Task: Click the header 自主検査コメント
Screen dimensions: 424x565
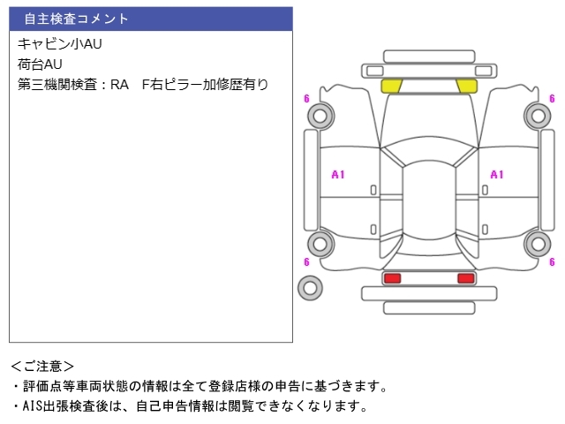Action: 77,19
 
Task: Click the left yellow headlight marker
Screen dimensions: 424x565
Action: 392,86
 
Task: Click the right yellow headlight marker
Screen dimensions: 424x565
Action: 466,86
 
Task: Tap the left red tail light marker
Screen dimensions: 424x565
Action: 392,278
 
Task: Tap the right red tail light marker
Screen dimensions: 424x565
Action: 465,278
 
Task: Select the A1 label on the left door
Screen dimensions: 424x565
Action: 338,175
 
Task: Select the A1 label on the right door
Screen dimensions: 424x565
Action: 497,175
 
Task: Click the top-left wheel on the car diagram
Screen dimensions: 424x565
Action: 322,114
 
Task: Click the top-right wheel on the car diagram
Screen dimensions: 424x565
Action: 537,114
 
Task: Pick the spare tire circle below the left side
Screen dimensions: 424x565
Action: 310,287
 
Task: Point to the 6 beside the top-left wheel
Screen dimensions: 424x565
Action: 306,99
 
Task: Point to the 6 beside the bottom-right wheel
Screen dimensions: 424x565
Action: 552,262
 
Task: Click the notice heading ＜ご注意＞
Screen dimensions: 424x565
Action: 43,366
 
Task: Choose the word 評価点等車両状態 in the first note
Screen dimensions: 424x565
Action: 78,386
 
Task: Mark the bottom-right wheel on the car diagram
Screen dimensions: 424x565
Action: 537,244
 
